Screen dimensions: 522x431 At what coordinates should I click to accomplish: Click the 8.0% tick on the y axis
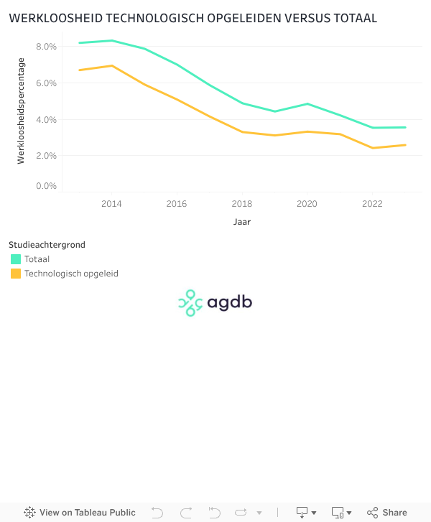(46, 47)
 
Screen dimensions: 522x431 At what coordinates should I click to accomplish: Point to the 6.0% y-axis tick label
(46, 83)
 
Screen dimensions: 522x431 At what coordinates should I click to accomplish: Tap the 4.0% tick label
(46, 119)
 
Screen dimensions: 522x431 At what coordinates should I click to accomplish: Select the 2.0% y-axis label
(46, 156)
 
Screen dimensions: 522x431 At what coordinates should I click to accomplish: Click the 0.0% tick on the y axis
(46, 186)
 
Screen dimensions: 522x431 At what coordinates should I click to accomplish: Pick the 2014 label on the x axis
(111, 204)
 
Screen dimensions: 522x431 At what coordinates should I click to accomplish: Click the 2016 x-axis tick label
(177, 204)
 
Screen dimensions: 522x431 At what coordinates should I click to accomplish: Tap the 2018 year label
(242, 204)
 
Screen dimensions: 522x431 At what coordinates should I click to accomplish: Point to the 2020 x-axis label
(307, 204)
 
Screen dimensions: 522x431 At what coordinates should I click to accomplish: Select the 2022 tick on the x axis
(372, 204)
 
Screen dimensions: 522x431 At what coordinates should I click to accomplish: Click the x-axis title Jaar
(242, 222)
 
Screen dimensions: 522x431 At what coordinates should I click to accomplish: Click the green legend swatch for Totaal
(16, 259)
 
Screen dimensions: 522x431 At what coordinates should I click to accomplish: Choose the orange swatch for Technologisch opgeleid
(16, 274)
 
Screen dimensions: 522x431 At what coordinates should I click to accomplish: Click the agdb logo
(215, 303)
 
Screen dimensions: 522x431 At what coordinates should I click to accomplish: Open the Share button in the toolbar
(387, 513)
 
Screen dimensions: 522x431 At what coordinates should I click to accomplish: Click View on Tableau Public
(80, 513)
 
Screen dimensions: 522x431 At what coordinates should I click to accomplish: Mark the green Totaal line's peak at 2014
(111, 40)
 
